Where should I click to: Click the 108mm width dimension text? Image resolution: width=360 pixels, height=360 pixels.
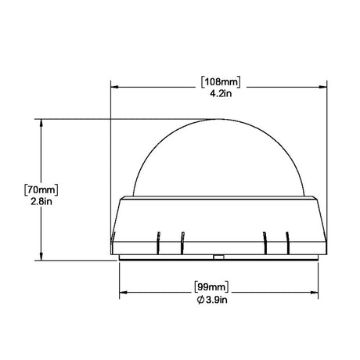point(220,81)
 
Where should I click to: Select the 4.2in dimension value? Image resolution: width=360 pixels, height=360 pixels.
point(220,93)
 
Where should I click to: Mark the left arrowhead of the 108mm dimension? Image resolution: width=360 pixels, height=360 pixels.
point(113,87)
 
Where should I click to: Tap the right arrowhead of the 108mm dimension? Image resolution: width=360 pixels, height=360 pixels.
point(327,87)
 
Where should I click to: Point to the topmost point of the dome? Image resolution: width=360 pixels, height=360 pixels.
point(220,120)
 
